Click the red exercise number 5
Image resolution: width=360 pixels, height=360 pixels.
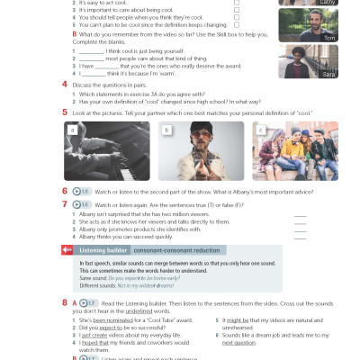[x=65, y=112]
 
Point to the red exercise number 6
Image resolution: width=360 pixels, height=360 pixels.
[x=65, y=192]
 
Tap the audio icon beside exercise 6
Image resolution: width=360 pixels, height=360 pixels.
[x=83, y=192]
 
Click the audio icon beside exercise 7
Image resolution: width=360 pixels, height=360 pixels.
[x=83, y=204]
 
